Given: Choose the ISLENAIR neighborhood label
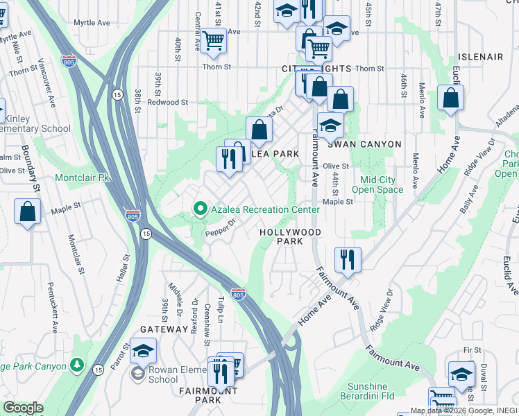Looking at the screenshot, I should (x=479, y=57).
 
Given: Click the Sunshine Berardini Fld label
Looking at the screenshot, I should (x=368, y=391).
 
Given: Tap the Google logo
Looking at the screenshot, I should (x=23, y=408).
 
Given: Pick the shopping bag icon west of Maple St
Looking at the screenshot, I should (x=27, y=211).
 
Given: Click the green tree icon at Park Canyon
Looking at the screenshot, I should (x=77, y=365).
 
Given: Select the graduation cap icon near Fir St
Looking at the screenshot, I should (x=461, y=374).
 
